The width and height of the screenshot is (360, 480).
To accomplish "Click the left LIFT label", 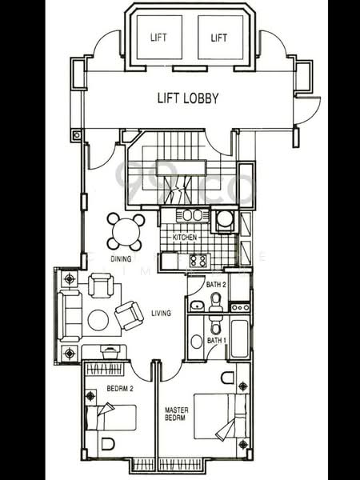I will pyautogui.click(x=158, y=38).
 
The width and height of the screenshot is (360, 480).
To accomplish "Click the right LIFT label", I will pyautogui.click(x=218, y=38).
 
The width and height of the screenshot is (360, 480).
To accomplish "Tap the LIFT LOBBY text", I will pyautogui.click(x=189, y=99).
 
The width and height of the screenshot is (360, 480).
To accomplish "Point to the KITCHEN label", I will pyautogui.click(x=185, y=238).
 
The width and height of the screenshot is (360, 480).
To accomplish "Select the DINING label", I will pyautogui.click(x=121, y=259).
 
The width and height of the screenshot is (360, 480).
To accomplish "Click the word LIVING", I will pyautogui.click(x=161, y=313).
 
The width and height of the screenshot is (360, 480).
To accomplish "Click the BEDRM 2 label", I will pyautogui.click(x=121, y=390).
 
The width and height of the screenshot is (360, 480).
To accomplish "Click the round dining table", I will pyautogui.click(x=126, y=231).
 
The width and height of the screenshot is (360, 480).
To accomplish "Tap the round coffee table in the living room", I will pyautogui.click(x=98, y=320).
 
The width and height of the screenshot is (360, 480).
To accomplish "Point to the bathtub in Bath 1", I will pyautogui.click(x=239, y=339).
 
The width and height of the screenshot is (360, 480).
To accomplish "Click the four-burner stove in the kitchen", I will pyautogui.click(x=197, y=260).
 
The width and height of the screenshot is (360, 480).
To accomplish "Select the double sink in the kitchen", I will pyautogui.click(x=191, y=214).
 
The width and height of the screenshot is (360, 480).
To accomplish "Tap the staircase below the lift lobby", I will pyautogui.click(x=180, y=172).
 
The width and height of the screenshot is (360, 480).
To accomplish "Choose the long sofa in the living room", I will pyautogui.click(x=69, y=315).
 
